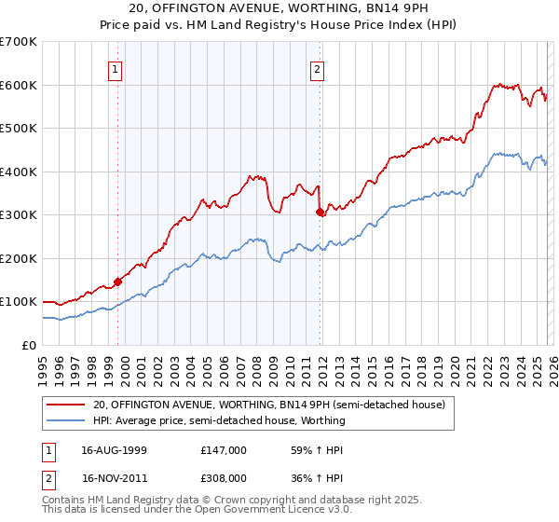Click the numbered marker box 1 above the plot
[x=115, y=68]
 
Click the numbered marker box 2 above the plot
[x=318, y=68]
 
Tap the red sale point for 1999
[x=117, y=282]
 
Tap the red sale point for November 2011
[x=320, y=212]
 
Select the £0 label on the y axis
[x=30, y=345]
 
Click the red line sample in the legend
[x=66, y=405]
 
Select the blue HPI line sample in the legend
[x=66, y=420]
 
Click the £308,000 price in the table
[x=224, y=476]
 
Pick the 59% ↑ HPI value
[x=309, y=449]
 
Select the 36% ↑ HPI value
[x=309, y=476]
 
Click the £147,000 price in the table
[x=224, y=449]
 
